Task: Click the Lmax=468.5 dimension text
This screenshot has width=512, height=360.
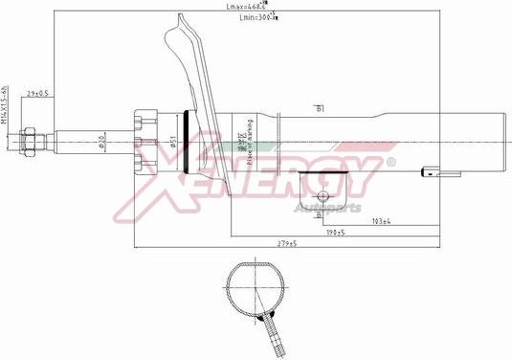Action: click(245, 7)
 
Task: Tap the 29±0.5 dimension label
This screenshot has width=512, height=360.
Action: click(39, 93)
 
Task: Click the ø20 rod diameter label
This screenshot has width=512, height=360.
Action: click(101, 145)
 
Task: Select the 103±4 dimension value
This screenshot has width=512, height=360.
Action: click(380, 221)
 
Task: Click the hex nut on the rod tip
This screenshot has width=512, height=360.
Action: click(29, 142)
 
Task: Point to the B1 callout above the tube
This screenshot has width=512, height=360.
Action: click(319, 108)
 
